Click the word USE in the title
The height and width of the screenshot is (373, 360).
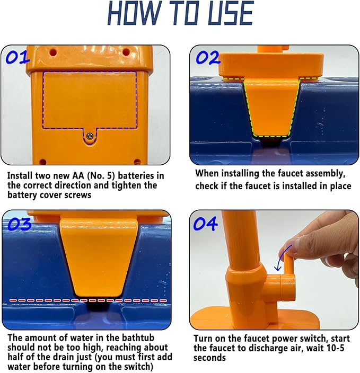[231, 13]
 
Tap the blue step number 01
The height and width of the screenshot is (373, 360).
[17, 58]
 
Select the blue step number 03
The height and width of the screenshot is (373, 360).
[20, 224]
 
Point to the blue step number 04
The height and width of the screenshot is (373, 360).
[206, 224]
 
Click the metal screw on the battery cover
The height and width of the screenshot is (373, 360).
[90, 136]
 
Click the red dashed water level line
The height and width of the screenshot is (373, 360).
[88, 300]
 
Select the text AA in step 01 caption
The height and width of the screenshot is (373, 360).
[77, 176]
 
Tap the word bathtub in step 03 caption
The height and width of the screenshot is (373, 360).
[138, 338]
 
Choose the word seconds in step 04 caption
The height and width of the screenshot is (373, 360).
[209, 358]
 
